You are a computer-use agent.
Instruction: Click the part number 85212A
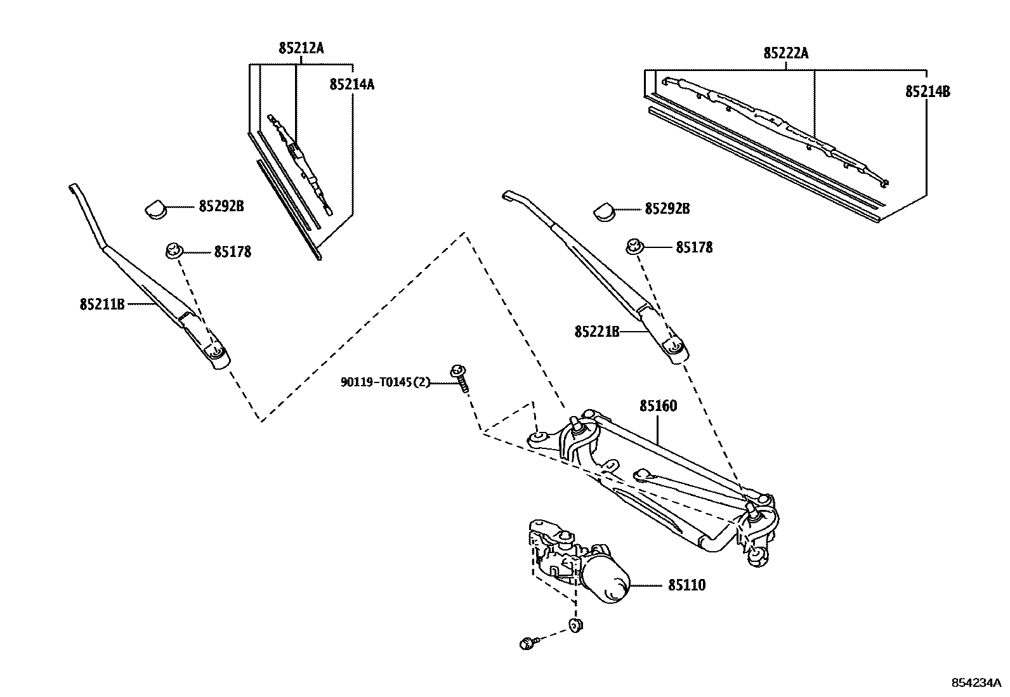click(x=301, y=48)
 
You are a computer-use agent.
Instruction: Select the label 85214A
click(x=351, y=84)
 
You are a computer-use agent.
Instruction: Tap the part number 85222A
click(x=785, y=53)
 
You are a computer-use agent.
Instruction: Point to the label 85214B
click(x=927, y=91)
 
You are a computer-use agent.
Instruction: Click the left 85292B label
click(x=221, y=206)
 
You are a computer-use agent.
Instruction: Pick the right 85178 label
click(x=694, y=247)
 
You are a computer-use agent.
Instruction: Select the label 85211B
click(x=102, y=304)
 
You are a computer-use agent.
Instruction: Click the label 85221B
click(x=597, y=331)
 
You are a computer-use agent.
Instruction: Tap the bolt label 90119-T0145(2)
click(x=385, y=382)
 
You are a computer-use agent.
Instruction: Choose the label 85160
click(x=658, y=406)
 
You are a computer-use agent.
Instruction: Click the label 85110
click(x=686, y=585)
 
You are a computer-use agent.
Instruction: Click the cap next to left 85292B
click(x=155, y=209)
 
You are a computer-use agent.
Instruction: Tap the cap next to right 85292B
click(x=605, y=211)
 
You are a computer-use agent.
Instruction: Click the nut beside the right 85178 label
click(x=635, y=247)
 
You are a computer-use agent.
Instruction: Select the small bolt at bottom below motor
click(x=527, y=644)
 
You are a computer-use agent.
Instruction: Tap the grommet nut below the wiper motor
click(x=576, y=625)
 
